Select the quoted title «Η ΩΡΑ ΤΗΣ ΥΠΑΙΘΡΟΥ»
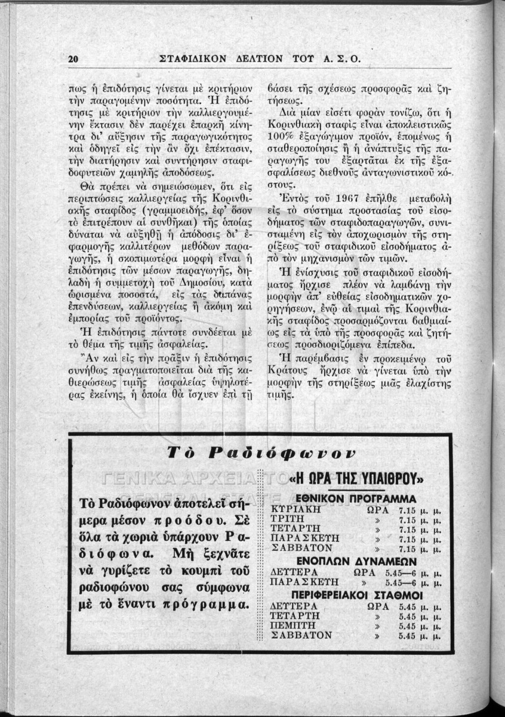pyautogui.click(x=356, y=479)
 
